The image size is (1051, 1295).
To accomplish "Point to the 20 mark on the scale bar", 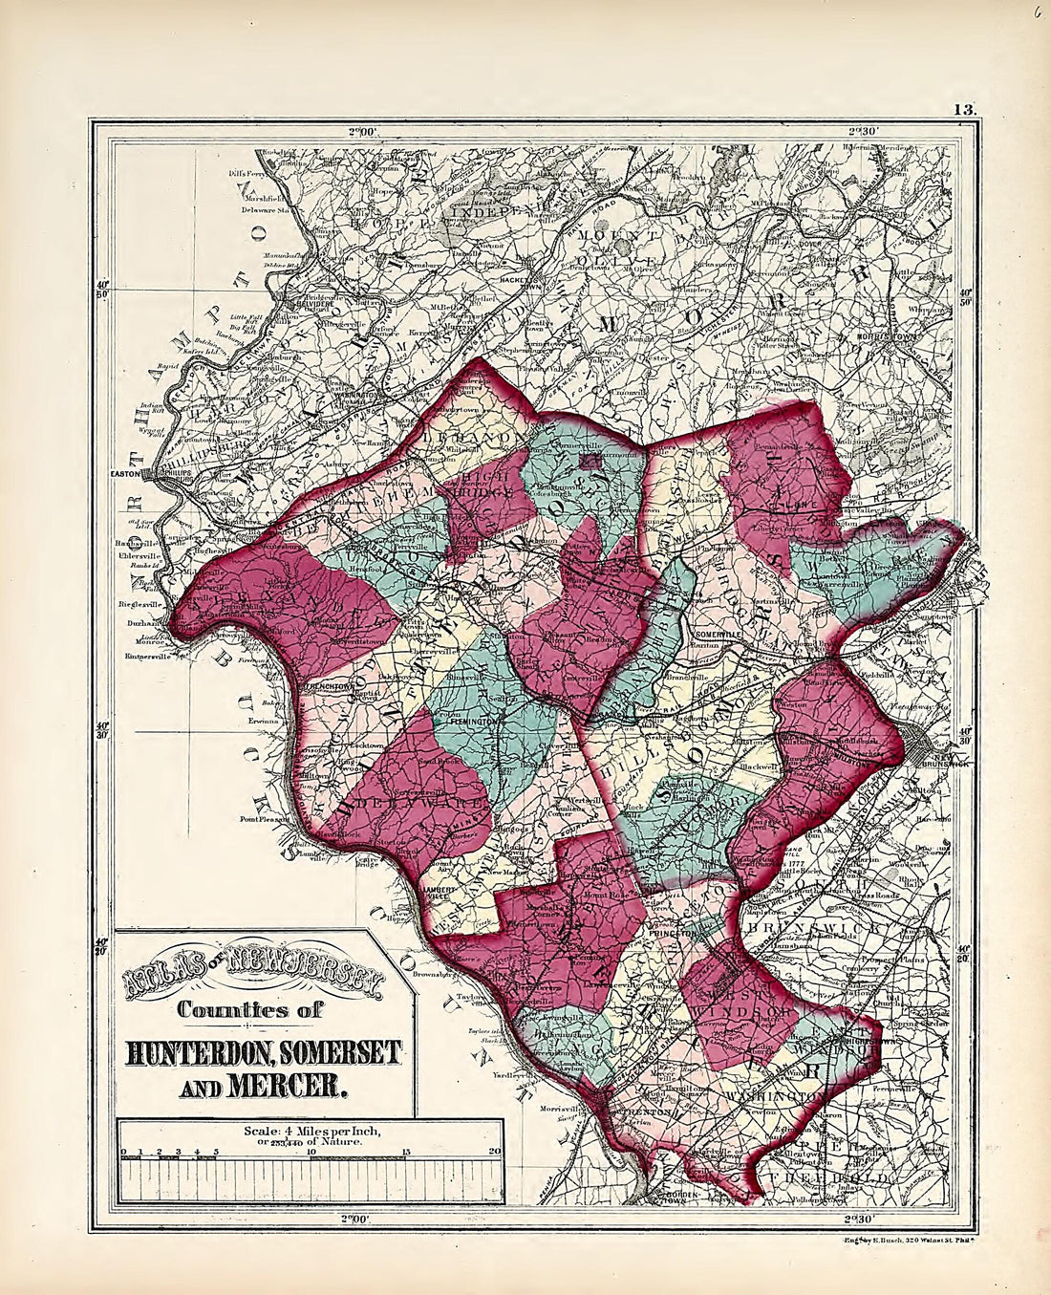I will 494,1152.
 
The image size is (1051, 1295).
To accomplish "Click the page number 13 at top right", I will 963,109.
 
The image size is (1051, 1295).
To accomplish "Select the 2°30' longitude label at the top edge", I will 863,131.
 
